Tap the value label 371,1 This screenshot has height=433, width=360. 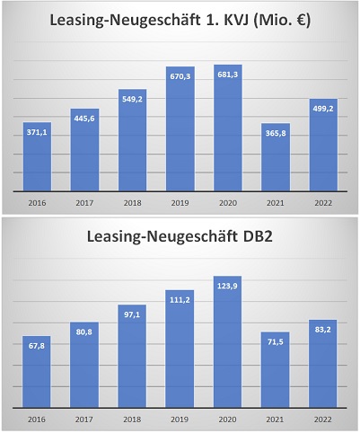click(x=38, y=131)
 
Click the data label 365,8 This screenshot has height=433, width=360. click(x=276, y=132)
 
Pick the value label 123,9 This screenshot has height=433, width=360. click(x=228, y=283)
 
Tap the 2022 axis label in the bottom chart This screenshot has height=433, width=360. click(x=323, y=419)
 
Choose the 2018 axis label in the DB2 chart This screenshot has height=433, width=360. click(x=133, y=419)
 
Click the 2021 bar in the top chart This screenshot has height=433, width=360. click(x=276, y=158)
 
